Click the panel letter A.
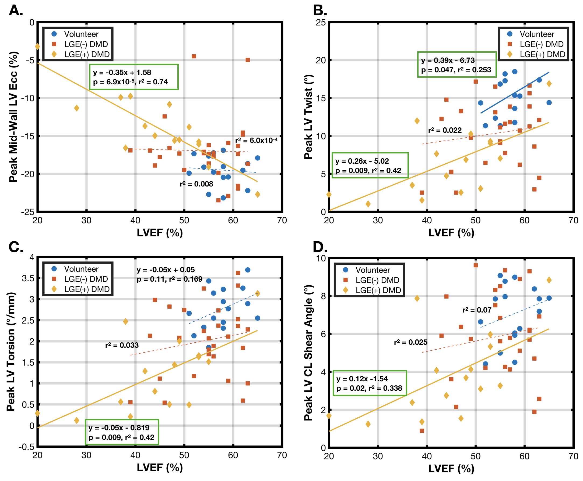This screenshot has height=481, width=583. tap(16, 10)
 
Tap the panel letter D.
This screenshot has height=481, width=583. tap(320, 247)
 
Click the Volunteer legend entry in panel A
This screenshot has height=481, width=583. tap(81, 34)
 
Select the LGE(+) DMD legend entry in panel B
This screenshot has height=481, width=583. tap(542, 54)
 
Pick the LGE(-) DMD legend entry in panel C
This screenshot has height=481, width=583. tap(86, 279)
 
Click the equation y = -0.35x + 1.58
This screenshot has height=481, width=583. tap(122, 73)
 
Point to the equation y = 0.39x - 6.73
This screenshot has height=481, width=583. tap(448, 60)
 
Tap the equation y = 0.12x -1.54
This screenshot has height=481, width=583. tap(362, 379)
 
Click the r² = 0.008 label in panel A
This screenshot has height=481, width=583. tap(196, 184)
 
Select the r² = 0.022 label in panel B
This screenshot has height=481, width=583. tap(445, 130)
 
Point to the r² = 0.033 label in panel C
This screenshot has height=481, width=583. tap(122, 345)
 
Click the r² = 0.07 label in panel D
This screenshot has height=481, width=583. tap(477, 310)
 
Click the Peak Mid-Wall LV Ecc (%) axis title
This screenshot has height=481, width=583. tap(13, 117)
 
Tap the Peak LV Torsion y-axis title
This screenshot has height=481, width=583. tap(11, 352)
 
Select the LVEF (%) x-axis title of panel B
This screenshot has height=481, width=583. tap(451, 233)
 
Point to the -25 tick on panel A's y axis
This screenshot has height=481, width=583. tap(28, 212)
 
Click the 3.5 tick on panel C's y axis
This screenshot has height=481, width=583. tap(28, 278)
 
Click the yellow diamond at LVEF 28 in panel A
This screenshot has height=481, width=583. tap(77, 108)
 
